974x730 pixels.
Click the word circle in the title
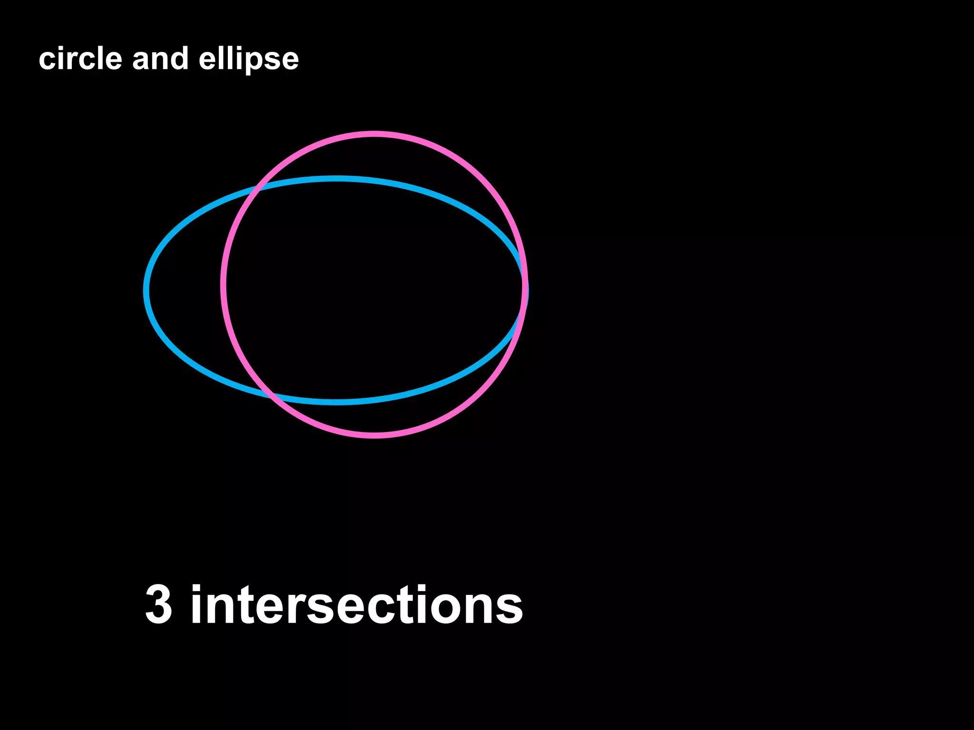[x=80, y=59]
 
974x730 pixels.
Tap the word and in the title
[x=160, y=59]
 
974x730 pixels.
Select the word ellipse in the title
[x=249, y=60]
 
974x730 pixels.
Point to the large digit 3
[x=158, y=605]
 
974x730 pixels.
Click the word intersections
[x=357, y=605]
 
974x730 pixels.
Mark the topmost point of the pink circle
[x=374, y=134]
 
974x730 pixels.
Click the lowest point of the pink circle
[x=374, y=435]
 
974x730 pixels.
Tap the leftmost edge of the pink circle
[x=223, y=285]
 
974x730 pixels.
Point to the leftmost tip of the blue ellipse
[x=146, y=290]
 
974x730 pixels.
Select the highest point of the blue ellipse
[x=336, y=179]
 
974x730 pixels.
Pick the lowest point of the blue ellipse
[x=336, y=402]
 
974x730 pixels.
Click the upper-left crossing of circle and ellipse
[x=259, y=188]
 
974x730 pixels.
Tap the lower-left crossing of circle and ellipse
[x=271, y=394]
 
